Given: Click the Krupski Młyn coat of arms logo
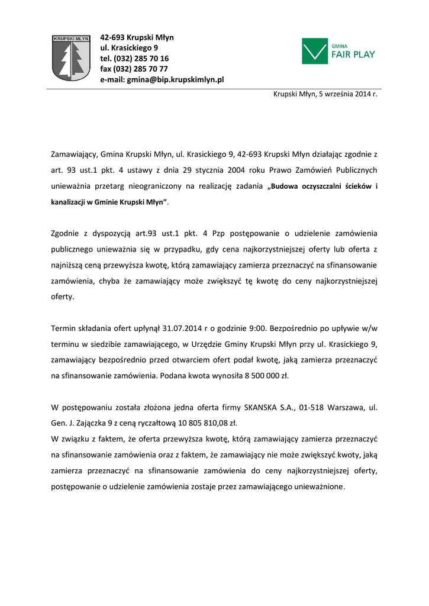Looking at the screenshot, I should coord(70,57).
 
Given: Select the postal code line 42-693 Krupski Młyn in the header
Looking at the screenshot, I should coord(137,37).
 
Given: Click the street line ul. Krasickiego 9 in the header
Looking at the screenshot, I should coord(128,48).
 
